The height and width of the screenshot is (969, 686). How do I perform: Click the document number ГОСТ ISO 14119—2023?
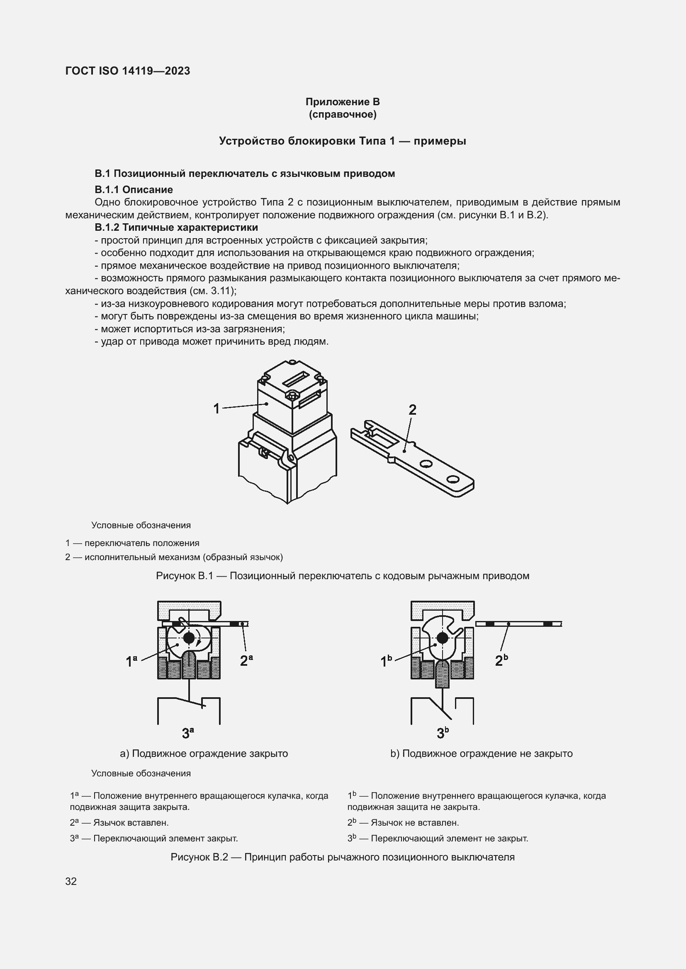[x=128, y=71]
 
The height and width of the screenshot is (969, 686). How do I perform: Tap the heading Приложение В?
[x=343, y=102]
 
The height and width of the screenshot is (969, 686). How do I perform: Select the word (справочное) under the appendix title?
[x=343, y=114]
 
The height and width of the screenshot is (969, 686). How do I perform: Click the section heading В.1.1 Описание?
[x=134, y=189]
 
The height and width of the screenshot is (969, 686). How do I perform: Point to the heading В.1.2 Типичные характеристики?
[x=176, y=227]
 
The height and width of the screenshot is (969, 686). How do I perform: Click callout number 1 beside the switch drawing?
[x=216, y=408]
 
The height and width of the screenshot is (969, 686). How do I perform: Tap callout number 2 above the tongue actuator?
[x=412, y=410]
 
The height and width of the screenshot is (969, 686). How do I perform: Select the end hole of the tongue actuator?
[x=453, y=479]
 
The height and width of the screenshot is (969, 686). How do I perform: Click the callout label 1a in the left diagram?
[x=131, y=661]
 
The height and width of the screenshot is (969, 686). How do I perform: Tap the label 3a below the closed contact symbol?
[x=188, y=733]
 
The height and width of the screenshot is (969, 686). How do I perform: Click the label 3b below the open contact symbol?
[x=442, y=733]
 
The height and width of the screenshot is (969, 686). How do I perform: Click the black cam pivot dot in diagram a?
[x=189, y=637]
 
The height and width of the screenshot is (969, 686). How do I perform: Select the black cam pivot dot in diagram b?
[x=442, y=638]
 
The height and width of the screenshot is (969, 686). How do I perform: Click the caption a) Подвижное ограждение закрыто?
[x=204, y=753]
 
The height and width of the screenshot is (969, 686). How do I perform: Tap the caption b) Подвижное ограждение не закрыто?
[x=481, y=753]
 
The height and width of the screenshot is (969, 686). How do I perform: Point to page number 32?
[x=71, y=881]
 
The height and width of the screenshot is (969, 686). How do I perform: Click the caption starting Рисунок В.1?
[x=343, y=576]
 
